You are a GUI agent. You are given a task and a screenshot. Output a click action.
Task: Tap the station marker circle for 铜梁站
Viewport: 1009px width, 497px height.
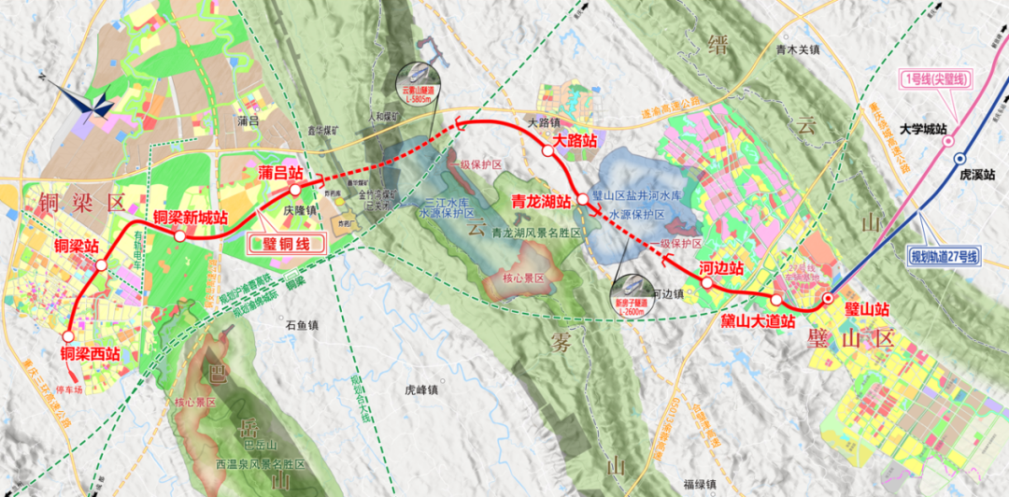click(101, 265)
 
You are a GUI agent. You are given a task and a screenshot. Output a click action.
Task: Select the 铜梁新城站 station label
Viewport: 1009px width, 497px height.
click(191, 218)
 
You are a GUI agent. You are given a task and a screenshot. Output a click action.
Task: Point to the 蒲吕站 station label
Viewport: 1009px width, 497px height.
click(280, 173)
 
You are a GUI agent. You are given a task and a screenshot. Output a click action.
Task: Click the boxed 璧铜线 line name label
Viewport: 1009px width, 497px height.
click(286, 245)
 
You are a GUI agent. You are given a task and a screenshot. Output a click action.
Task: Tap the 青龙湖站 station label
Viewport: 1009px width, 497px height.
click(541, 201)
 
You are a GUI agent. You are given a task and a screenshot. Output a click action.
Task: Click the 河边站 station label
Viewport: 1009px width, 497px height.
click(721, 268)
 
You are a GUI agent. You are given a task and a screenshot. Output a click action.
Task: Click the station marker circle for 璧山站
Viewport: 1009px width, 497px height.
click(828, 299)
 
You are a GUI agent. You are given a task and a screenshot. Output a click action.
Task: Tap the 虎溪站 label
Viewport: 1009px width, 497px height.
click(977, 175)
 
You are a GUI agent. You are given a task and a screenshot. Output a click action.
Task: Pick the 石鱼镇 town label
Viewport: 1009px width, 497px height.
click(302, 325)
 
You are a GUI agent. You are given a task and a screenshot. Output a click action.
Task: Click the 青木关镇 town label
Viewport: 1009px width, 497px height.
click(797, 52)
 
